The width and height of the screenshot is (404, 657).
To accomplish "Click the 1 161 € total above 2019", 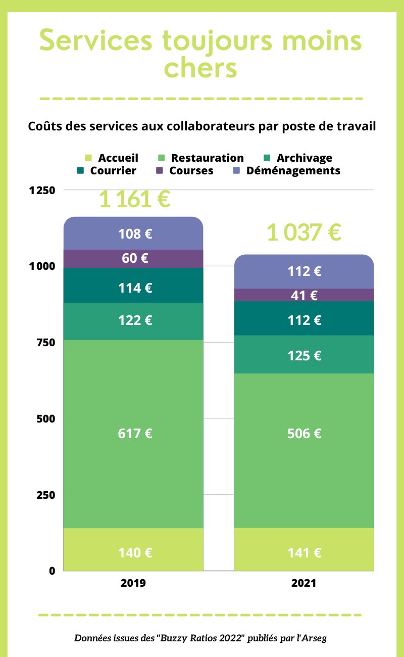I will (134, 199).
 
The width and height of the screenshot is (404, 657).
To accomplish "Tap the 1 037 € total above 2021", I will (304, 233).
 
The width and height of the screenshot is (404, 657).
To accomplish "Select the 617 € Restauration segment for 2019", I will (135, 433).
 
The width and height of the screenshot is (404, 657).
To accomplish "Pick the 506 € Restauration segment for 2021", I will (304, 433).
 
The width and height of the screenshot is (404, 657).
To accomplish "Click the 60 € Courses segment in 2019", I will (135, 258).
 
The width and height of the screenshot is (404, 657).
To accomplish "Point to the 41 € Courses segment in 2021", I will (304, 295).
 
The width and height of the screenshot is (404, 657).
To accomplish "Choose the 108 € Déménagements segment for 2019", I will (135, 233).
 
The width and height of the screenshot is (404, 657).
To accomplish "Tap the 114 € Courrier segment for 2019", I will (135, 288).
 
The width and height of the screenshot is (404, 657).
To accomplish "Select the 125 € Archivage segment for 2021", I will (304, 355).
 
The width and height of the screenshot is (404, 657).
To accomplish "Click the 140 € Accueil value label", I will (135, 552).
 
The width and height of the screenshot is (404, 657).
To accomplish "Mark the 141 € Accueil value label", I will (304, 552).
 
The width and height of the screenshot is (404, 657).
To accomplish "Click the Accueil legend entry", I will (112, 158).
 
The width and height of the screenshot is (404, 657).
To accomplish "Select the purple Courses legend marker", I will (160, 171).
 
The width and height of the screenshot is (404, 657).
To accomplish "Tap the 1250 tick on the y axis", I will (42, 191).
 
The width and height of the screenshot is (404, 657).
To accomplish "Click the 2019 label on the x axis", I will (133, 583).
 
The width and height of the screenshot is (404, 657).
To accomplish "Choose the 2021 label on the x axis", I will (304, 583).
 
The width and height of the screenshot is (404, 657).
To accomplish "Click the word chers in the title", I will (201, 68).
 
